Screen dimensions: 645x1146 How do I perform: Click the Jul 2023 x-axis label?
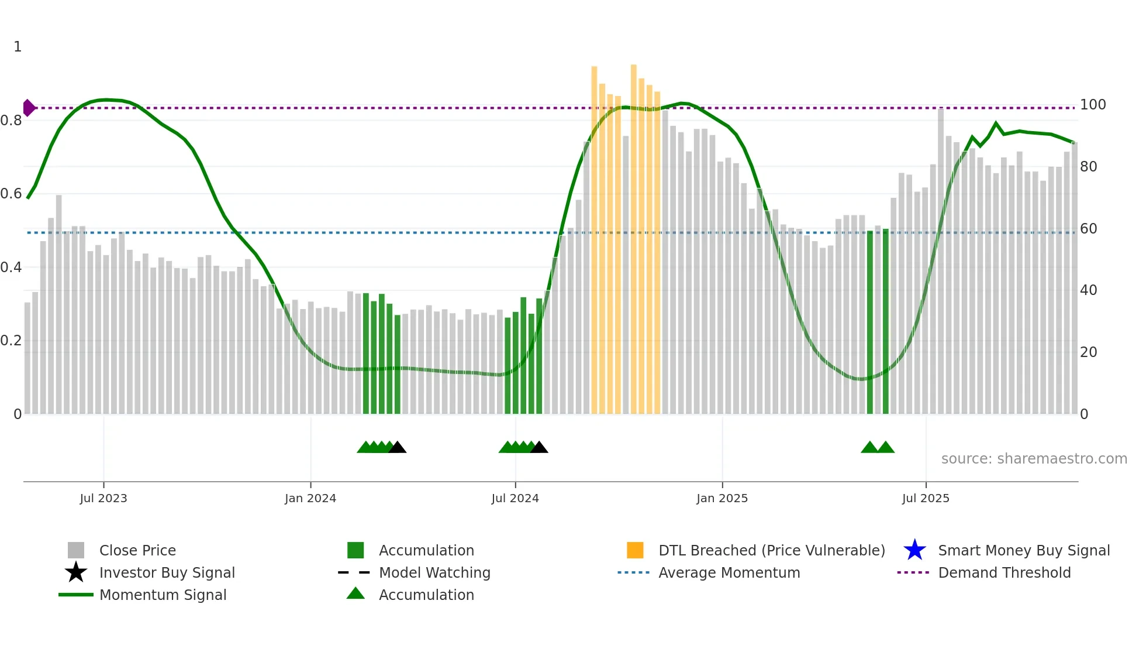103,498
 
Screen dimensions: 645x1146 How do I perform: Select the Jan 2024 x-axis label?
310,498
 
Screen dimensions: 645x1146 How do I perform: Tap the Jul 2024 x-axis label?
515,498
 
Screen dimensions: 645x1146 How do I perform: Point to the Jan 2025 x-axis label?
722,498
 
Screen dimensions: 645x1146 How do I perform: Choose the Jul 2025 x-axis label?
926,498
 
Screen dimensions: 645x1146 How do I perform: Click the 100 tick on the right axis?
1093,105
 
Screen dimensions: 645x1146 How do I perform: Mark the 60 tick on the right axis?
1089,228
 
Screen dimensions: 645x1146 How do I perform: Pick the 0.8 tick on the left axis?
12,121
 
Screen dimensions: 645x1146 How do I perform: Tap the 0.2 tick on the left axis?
12,341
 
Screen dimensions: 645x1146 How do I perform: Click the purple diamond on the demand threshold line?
29,108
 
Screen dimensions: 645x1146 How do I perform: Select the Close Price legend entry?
137,550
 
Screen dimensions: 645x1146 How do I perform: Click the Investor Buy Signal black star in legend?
76,572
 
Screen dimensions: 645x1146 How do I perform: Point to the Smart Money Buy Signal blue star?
914,550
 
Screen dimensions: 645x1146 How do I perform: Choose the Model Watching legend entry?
434,572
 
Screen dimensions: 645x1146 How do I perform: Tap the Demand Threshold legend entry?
1004,572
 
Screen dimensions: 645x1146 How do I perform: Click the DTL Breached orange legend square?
635,550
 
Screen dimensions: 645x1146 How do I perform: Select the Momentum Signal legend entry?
163,595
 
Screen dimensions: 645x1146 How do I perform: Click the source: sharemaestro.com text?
1034,459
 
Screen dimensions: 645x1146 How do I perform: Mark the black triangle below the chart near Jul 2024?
539,448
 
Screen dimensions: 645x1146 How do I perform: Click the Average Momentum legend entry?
729,572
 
